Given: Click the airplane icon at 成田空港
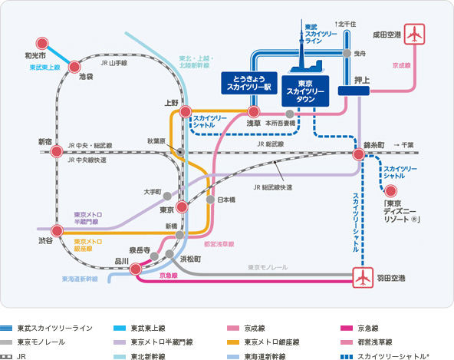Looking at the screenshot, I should [x=415, y=35].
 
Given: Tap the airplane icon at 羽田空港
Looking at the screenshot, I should [x=362, y=277].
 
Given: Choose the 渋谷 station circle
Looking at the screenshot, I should [x=56, y=230].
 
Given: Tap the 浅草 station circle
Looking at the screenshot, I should [x=254, y=111].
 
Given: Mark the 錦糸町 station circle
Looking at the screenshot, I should [x=358, y=154].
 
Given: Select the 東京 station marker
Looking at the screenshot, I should [x=182, y=207].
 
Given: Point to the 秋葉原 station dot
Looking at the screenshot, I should [x=179, y=152].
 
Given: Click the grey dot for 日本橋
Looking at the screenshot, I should [x=210, y=200].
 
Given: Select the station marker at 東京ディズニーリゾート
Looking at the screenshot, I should [x=392, y=192].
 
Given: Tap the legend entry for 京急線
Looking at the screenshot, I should [x=377, y=328].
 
